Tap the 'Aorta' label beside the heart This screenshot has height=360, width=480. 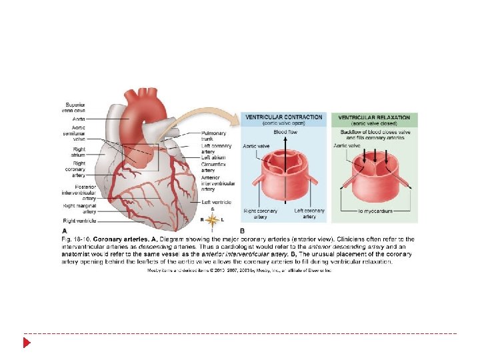click(79, 119)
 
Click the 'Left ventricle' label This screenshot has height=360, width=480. click(215, 202)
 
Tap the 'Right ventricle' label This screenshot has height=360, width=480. click(79, 221)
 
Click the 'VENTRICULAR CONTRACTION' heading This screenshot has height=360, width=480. click(283, 117)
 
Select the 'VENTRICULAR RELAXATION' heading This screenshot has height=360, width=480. click(375, 117)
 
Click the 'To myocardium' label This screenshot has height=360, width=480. click(375, 211)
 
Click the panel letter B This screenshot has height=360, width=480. click(242, 230)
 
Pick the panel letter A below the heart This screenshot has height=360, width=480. click(65, 230)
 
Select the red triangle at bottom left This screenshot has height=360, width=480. click(27, 343)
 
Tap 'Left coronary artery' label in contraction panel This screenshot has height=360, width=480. click(309, 213)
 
